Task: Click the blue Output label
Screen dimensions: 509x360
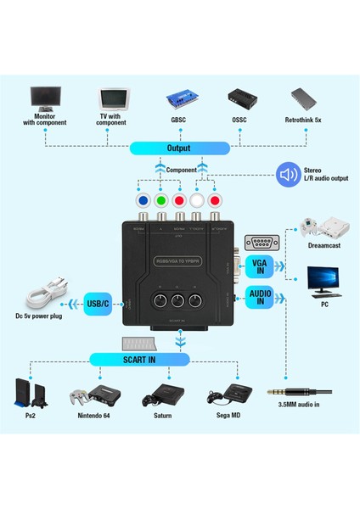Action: (180, 148)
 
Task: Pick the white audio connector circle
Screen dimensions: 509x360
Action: (197, 202)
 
